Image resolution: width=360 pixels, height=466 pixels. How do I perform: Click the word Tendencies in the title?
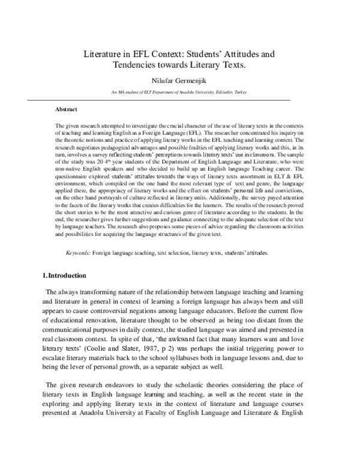point(136,64)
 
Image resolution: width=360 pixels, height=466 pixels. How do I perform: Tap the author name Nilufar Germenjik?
point(180,81)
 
